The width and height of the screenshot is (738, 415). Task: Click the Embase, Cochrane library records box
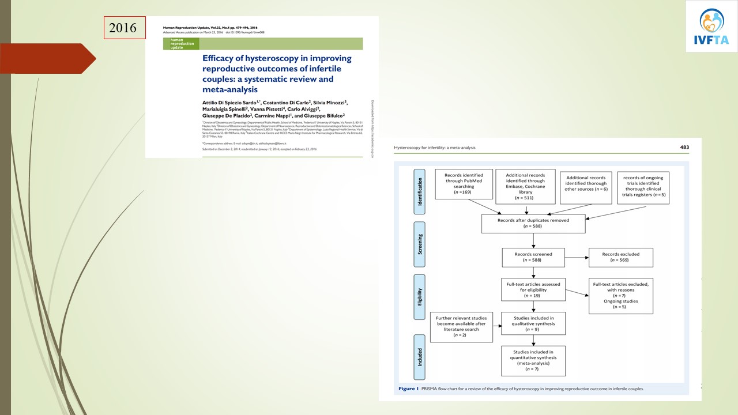(x=525, y=186)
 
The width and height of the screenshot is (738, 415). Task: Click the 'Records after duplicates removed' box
(x=533, y=224)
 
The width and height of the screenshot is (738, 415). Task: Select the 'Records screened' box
(x=533, y=257)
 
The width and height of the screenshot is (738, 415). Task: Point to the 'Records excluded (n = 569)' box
(x=620, y=257)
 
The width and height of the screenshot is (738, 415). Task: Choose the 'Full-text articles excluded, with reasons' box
(x=620, y=296)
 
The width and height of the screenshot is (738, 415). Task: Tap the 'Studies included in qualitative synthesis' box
(x=533, y=323)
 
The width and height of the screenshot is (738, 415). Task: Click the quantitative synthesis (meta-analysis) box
(x=533, y=361)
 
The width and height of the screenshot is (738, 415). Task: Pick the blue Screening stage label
(x=419, y=244)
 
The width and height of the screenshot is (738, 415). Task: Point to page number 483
(x=684, y=148)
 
